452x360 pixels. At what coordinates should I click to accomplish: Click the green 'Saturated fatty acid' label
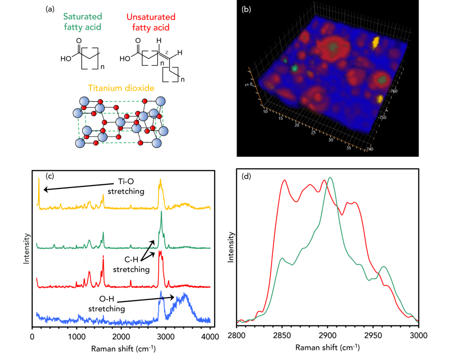pos(83,22)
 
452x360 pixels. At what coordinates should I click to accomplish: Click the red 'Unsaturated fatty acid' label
pos(151,22)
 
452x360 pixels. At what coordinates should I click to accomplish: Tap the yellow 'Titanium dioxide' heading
pos(121,88)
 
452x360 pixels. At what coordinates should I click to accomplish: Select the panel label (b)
pos(246,9)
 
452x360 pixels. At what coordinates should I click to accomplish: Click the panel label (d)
pos(246,177)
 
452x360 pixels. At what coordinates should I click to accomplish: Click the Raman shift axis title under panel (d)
pos(327,348)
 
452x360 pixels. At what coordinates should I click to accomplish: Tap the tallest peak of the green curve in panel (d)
pos(330,178)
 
